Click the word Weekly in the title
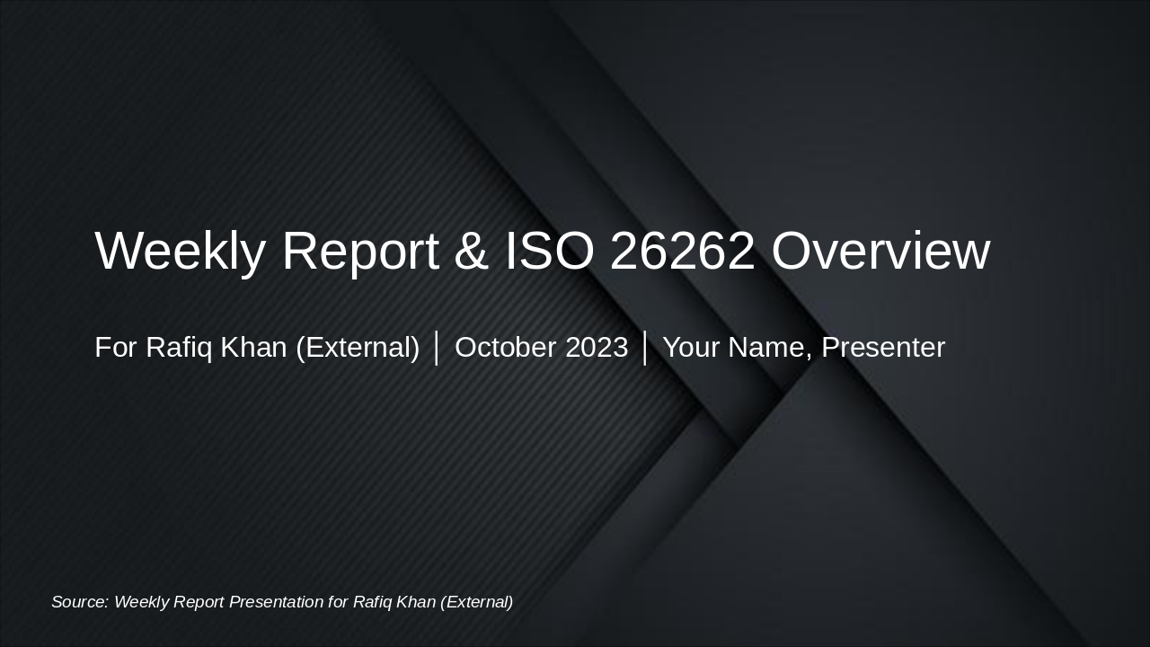coord(180,251)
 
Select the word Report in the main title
coord(360,251)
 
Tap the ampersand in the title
coord(472,251)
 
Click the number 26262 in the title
coord(682,251)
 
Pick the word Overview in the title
coord(880,251)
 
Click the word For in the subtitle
coord(116,348)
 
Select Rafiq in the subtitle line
coord(179,348)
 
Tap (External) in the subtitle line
coord(358,348)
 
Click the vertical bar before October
coord(437,348)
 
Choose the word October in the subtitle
coord(505,348)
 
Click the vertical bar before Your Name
coord(645,348)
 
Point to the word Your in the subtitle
coord(689,348)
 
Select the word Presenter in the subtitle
coord(883,348)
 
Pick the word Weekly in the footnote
coord(142,602)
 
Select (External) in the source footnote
coord(476,602)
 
